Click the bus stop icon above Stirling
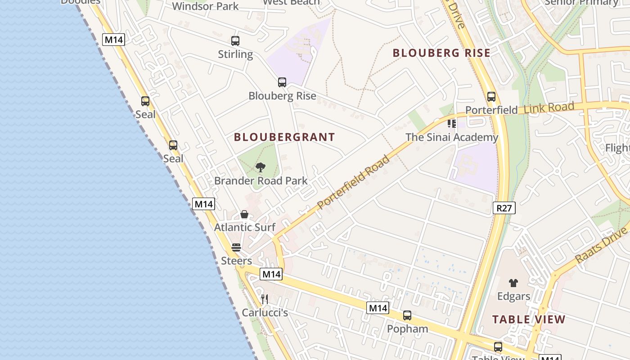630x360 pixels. tap(235, 41)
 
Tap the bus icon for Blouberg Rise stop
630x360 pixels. tap(282, 82)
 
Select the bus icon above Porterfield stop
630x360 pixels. tap(491, 97)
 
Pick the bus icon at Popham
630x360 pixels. tap(407, 315)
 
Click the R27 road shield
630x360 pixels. tap(504, 208)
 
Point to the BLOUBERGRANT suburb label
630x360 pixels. tap(284, 137)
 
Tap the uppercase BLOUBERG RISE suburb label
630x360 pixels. tap(441, 53)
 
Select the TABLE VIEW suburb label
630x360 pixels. tap(529, 319)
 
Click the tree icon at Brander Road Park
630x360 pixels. tap(260, 168)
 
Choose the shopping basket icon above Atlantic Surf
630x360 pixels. tap(244, 214)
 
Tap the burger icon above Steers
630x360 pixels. tap(236, 247)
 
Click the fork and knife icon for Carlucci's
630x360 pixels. tap(265, 299)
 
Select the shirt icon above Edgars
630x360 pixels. tap(513, 283)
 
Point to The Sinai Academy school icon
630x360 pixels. tap(452, 123)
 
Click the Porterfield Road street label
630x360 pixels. tap(353, 182)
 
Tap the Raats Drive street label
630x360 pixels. tap(601, 245)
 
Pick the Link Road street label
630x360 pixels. tap(549, 108)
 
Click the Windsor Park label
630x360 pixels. tap(205, 6)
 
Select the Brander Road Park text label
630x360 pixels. tap(261, 181)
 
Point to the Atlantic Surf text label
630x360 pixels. tap(244, 227)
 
